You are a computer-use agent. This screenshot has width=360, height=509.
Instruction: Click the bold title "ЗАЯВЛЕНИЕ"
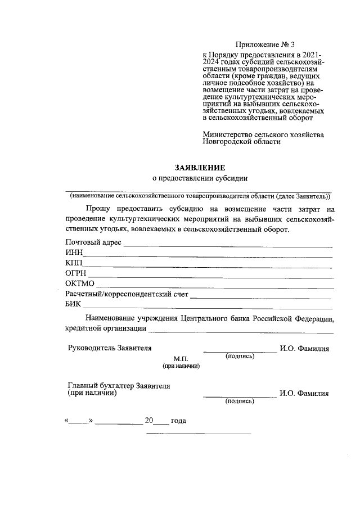(200, 168)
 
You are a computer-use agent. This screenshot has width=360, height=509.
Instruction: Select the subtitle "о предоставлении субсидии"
(200, 179)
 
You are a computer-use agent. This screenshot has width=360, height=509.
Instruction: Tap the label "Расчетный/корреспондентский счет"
(127, 294)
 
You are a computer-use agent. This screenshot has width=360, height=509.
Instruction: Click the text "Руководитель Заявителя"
(109, 348)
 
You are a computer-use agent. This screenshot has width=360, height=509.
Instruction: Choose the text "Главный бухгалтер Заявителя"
(119, 386)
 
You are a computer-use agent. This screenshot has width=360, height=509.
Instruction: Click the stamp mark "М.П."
(182, 358)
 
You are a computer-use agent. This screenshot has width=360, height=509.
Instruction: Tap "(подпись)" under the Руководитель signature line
(240, 357)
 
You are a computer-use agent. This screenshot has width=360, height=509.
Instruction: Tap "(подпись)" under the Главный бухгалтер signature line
(240, 402)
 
